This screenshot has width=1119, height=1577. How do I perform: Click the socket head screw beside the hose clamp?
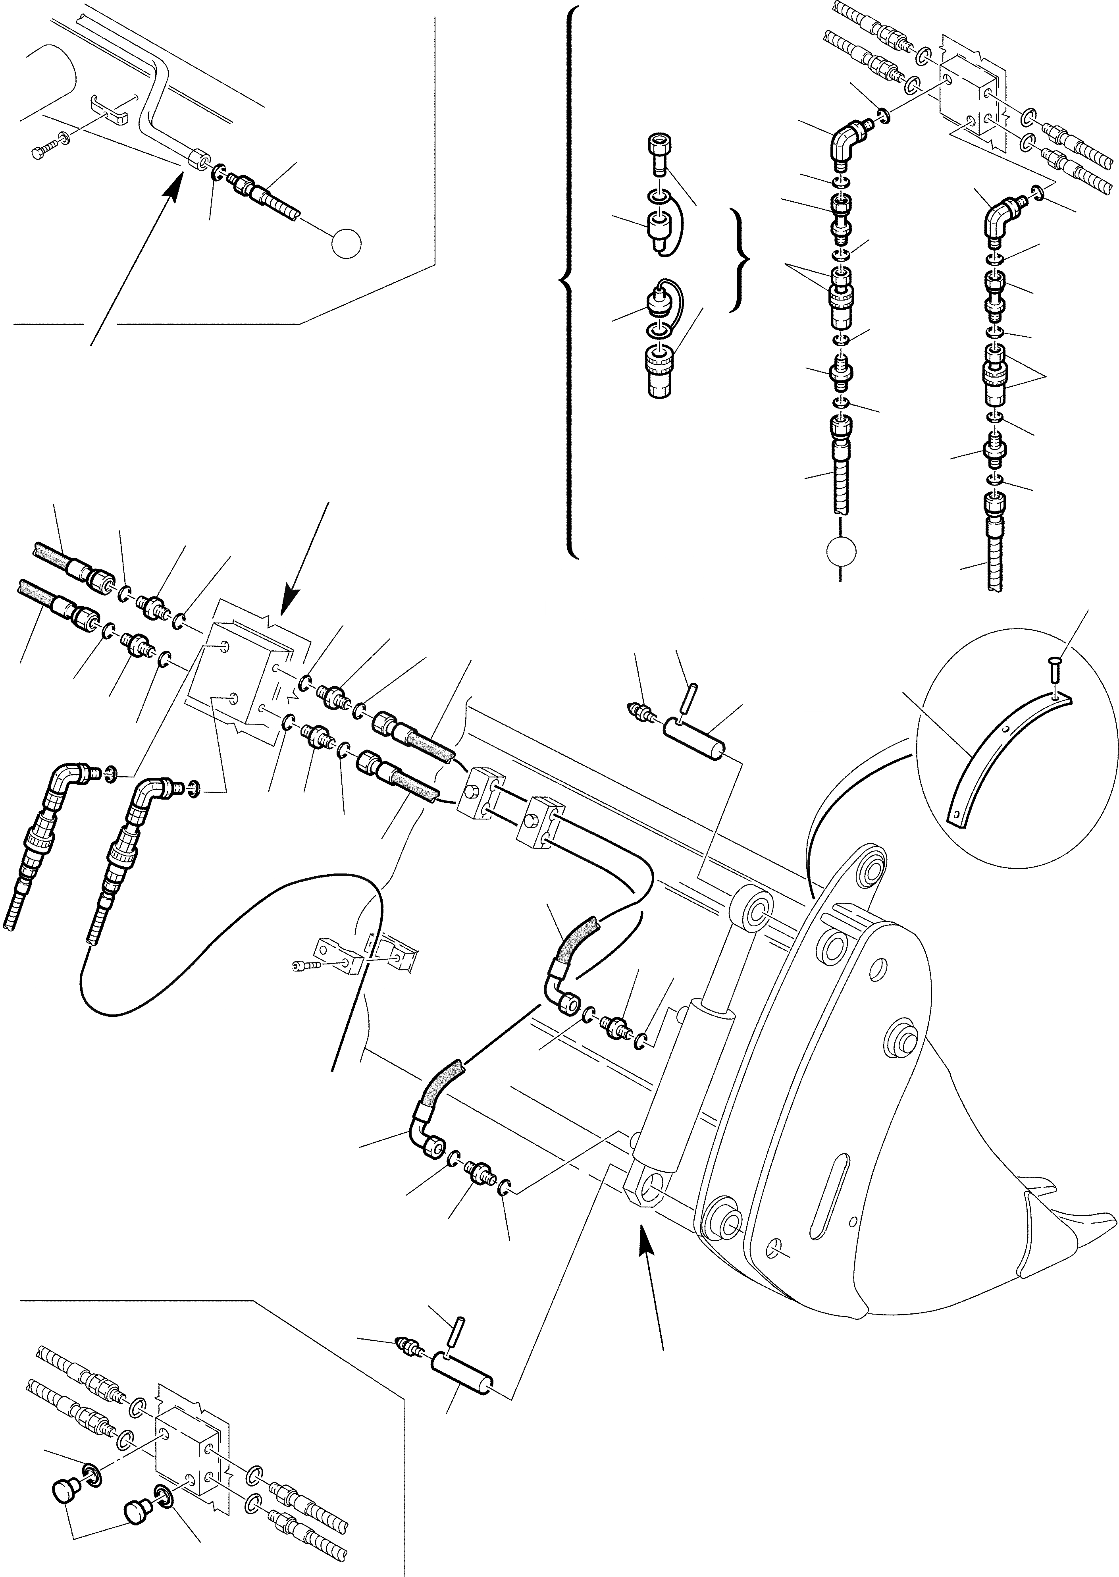[x=304, y=967]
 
